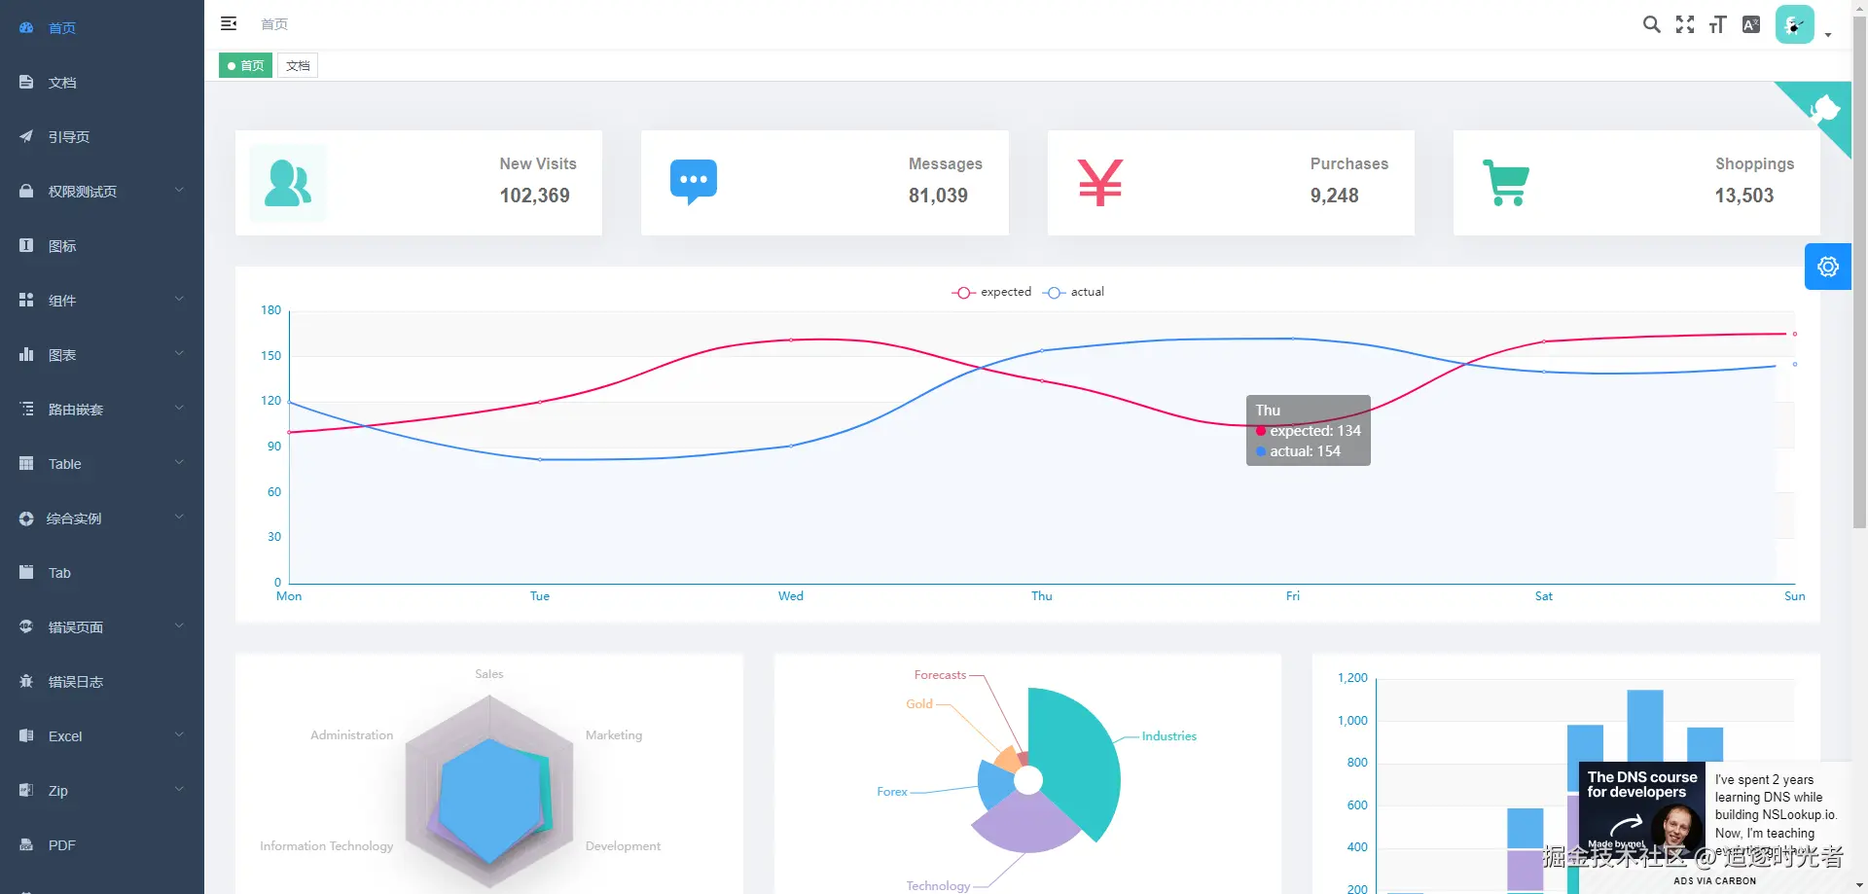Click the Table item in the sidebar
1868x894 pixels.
click(65, 464)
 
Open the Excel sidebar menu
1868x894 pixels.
click(65, 736)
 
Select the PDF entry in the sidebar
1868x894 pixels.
click(61, 845)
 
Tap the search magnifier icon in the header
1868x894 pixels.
click(1651, 24)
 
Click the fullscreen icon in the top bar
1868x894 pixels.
click(1685, 24)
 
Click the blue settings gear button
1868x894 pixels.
click(1827, 267)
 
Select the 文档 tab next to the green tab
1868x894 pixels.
click(298, 66)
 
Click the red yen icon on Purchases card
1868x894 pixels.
click(1100, 182)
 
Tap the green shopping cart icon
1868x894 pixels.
click(1506, 182)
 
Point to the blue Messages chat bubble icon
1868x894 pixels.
click(694, 181)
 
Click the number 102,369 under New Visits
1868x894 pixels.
click(534, 196)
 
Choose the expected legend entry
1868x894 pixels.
click(992, 292)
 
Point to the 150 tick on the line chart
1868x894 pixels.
click(270, 356)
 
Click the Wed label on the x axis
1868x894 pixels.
click(791, 596)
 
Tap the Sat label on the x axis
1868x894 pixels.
click(1543, 596)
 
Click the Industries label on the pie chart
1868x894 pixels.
click(1168, 736)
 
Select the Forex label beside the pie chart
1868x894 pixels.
click(891, 792)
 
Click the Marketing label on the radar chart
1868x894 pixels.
click(614, 735)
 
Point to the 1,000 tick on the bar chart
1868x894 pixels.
click(1352, 721)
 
